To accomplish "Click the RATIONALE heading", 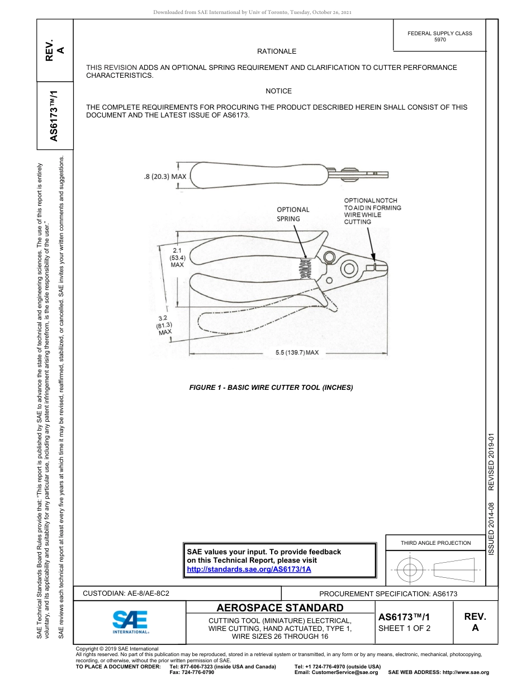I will [277, 51].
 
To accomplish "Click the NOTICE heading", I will [278, 91].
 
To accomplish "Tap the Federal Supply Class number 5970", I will [439, 40].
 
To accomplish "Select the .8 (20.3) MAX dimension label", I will [165, 176].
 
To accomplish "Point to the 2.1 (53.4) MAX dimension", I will [177, 257].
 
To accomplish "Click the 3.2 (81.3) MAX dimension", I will [164, 325].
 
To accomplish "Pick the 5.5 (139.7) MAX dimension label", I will [297, 353].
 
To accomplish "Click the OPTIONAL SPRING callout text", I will [293, 214].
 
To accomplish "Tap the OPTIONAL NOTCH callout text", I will [372, 211].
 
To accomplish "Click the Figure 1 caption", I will [271, 388].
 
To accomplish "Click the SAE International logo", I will [130, 621].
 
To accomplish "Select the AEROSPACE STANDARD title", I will [280, 608].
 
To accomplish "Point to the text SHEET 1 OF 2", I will [404, 628].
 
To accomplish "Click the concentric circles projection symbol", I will [410, 570].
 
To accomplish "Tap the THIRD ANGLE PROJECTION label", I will [435, 543].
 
